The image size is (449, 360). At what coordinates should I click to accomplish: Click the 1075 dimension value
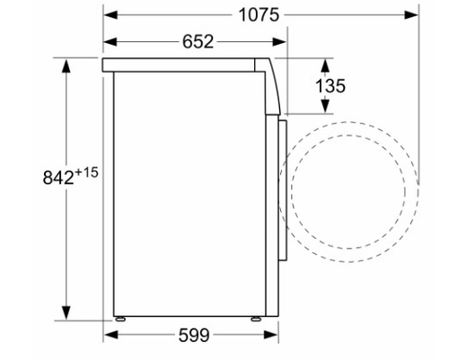tap(259, 15)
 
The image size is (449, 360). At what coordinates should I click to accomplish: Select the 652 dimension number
tap(198, 41)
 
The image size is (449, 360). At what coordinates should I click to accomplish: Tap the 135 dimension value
tap(330, 85)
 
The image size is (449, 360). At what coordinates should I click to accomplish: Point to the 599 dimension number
tap(194, 335)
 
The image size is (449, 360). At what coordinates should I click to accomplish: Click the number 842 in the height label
tap(58, 178)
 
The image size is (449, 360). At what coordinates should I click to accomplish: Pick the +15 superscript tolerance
tap(86, 172)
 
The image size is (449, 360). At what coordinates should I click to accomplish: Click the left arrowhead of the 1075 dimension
tap(110, 14)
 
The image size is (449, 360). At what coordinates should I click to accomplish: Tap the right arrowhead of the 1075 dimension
tap(411, 14)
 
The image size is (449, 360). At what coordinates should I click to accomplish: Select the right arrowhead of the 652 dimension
tap(279, 42)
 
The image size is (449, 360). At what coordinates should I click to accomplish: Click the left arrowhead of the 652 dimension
tap(110, 42)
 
